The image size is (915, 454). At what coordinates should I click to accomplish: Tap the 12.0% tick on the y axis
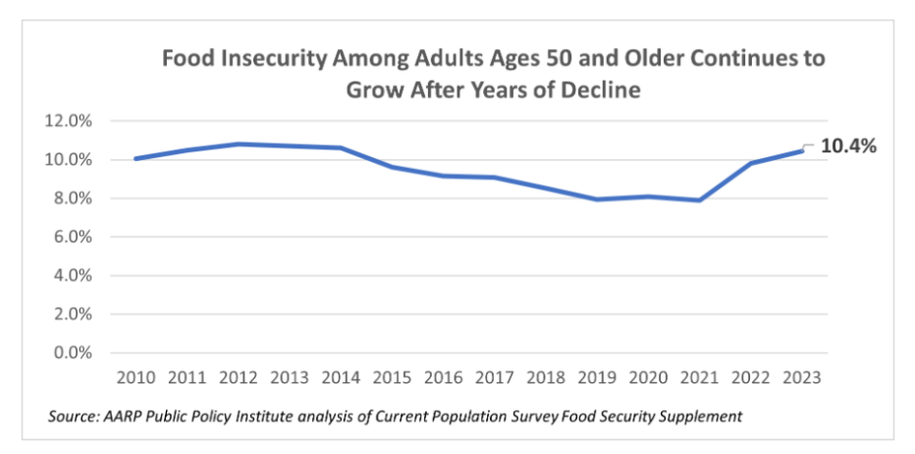click(x=70, y=121)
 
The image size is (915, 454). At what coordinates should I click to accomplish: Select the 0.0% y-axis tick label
click(x=73, y=353)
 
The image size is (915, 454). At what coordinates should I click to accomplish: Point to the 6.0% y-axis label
click(x=73, y=237)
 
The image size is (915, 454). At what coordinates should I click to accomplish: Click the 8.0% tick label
click(x=73, y=199)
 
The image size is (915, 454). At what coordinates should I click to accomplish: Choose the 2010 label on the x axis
click(x=135, y=377)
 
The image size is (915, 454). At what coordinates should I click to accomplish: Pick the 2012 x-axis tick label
click(x=239, y=377)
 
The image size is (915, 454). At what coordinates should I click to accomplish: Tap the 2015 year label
click(x=393, y=377)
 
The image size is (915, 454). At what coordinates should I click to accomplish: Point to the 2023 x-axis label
click(x=803, y=377)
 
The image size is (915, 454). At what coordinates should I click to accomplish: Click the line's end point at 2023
click(x=803, y=150)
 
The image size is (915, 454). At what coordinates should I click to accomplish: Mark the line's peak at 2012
click(x=239, y=143)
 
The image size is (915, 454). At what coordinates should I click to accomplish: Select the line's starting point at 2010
click(x=135, y=158)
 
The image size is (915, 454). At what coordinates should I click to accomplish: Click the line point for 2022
click(x=752, y=163)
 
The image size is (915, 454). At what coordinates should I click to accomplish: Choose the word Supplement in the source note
click(x=703, y=417)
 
